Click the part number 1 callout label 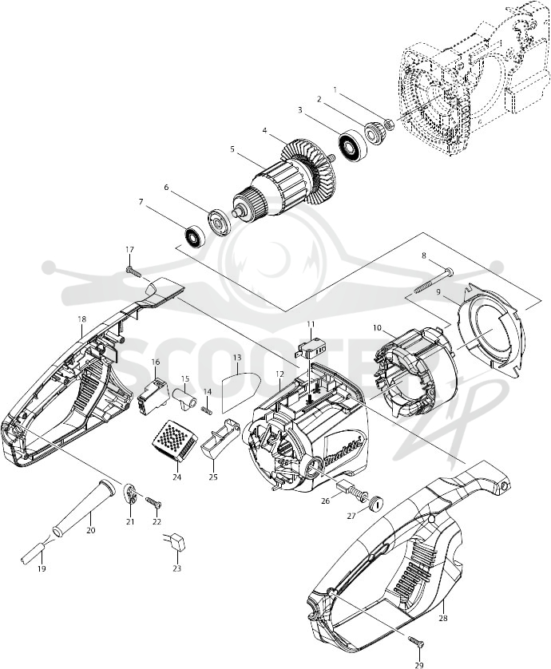[335, 90]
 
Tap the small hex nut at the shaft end [389, 125]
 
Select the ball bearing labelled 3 [354, 144]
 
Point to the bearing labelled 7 [194, 236]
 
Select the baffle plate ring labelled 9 [490, 331]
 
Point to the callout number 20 [90, 530]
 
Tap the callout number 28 [443, 617]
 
